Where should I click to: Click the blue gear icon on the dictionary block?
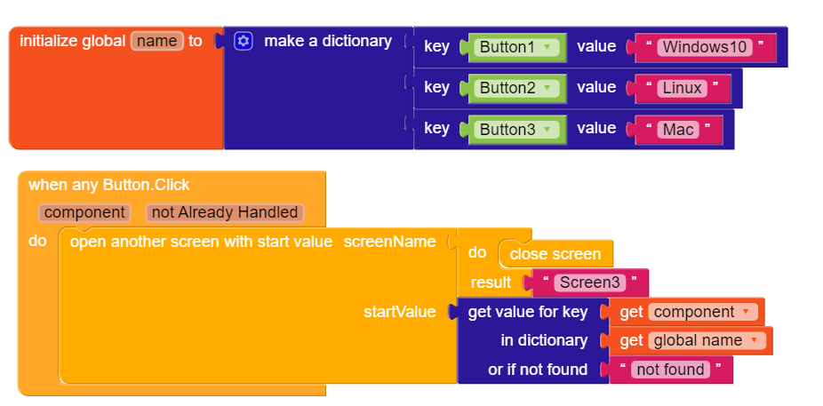[x=244, y=41]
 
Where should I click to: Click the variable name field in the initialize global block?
[x=157, y=41]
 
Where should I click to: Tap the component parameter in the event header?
[x=84, y=212]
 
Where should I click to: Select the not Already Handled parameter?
[x=225, y=212]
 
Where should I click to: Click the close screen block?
[x=555, y=254]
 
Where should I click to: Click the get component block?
[x=683, y=312]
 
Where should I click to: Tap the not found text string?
[x=667, y=370]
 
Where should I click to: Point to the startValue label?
[x=399, y=312]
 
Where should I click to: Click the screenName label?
[x=389, y=242]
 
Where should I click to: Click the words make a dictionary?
[x=328, y=41]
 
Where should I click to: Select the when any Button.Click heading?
[x=109, y=185]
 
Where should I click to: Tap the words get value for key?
[x=528, y=312]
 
